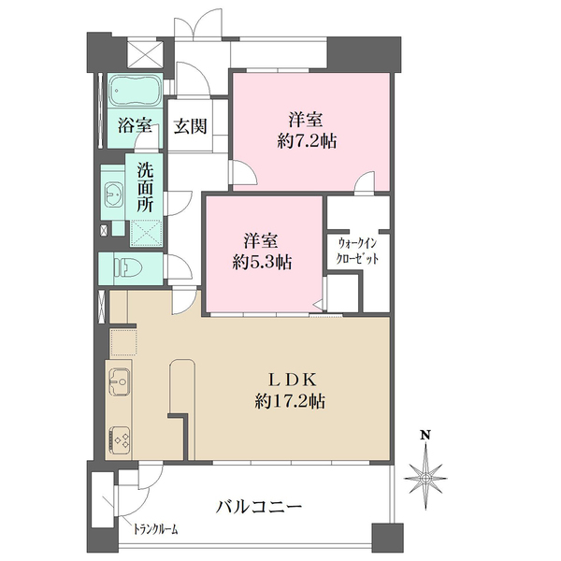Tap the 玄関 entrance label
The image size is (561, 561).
pos(191,126)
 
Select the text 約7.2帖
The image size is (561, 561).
pos(307,141)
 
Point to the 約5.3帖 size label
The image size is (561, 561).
pos(262,263)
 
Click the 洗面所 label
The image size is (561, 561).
pos(145,187)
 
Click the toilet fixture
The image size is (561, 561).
pos(128,266)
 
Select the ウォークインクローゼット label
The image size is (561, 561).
pos(357,252)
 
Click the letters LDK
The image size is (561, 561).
pos(292,380)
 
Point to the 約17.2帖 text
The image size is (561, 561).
pos(290,401)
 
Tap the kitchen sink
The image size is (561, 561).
pos(119,381)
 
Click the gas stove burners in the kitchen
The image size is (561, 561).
pos(119,439)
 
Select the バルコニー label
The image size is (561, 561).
pos(259,506)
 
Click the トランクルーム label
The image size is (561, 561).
pos(156,529)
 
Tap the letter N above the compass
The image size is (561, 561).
pos(425,435)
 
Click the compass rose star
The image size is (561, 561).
pos(425,477)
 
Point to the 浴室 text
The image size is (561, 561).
pos(136,125)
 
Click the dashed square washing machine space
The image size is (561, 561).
pos(146,233)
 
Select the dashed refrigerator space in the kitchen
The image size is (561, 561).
pos(123,342)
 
